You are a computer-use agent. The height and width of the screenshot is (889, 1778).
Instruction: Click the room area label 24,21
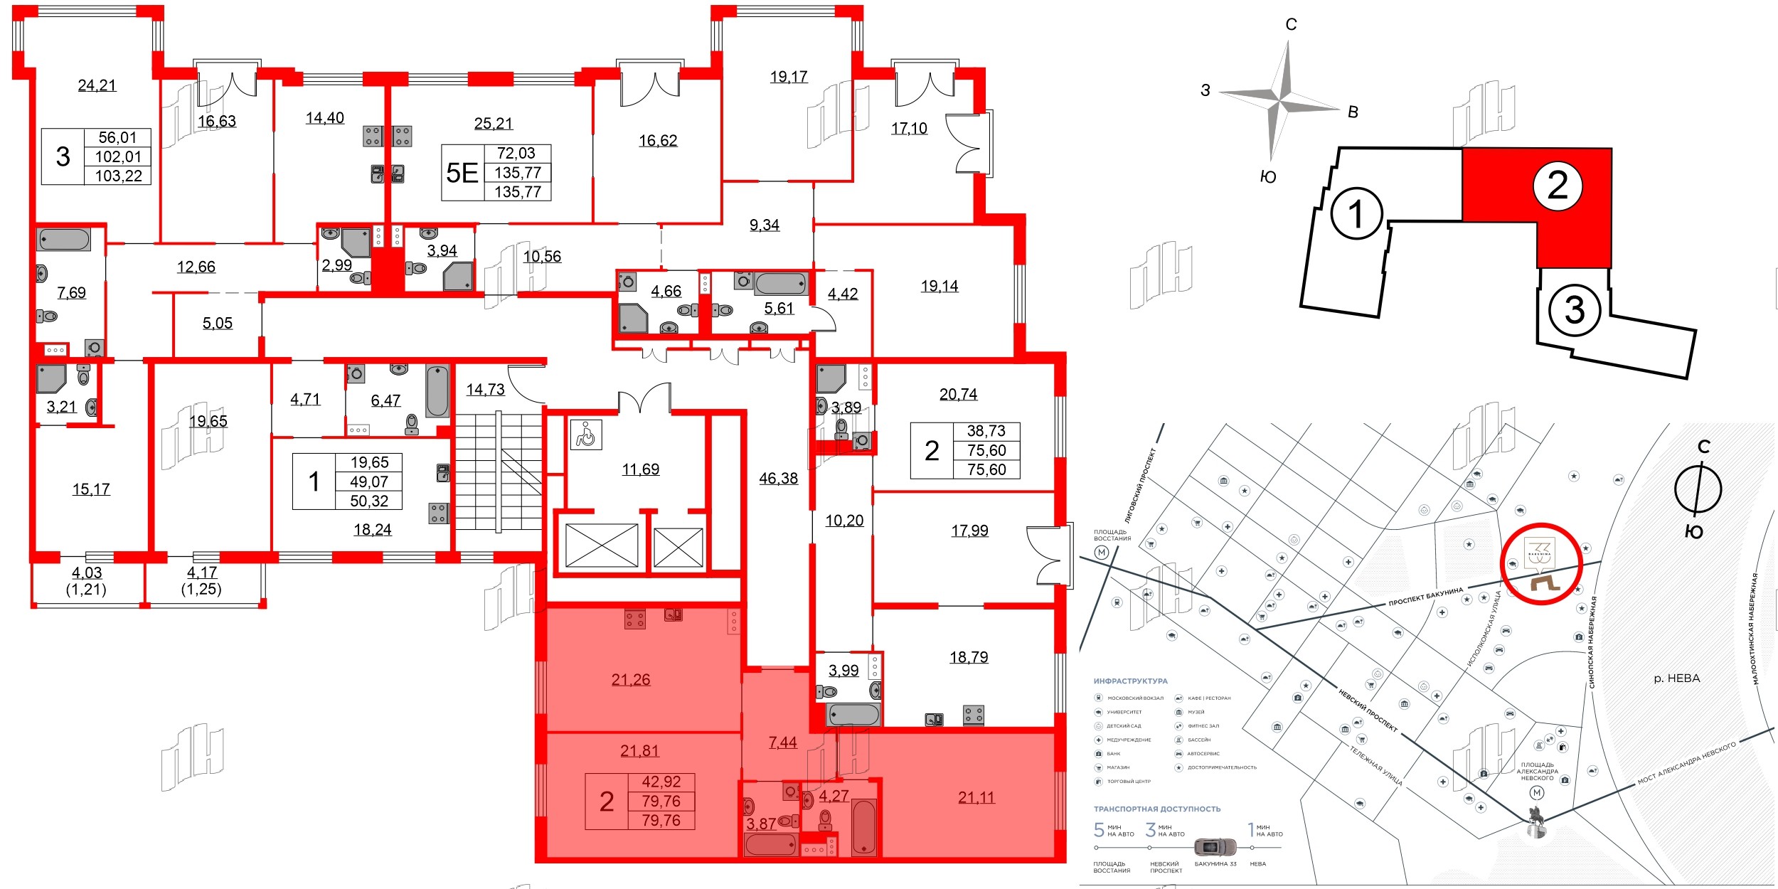pos(97,85)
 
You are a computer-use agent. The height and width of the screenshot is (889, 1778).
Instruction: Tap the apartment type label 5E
pos(462,173)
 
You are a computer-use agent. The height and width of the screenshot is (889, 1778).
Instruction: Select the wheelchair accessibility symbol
pos(586,435)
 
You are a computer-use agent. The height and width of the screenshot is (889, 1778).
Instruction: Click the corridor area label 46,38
pos(778,479)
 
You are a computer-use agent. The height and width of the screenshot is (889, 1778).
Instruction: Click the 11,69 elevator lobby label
pos(640,469)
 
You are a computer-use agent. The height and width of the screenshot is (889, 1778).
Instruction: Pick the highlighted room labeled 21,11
pos(976,798)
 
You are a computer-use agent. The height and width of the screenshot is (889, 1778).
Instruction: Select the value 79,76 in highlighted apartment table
pos(661,802)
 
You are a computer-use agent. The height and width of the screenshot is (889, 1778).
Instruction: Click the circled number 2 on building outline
pos(1558,186)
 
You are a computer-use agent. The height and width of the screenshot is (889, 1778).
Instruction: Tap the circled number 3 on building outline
pos(1575,310)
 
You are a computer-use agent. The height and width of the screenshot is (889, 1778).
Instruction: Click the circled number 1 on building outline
pos(1356,214)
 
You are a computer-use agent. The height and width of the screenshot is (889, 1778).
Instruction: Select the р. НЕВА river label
pos(1676,678)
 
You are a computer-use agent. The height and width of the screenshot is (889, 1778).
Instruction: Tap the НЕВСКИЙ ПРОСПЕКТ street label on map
pos(1368,710)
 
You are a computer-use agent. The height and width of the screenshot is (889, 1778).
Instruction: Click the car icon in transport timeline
pos(1215,847)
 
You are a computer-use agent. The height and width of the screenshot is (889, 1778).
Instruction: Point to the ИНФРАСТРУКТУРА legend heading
pos(1130,681)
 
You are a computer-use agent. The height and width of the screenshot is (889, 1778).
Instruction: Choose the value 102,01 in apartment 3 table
pos(118,157)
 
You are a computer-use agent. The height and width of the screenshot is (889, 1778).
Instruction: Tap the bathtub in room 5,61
pos(780,284)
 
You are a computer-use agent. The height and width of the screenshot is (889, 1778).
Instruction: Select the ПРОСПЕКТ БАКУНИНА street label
pos(1425,597)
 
